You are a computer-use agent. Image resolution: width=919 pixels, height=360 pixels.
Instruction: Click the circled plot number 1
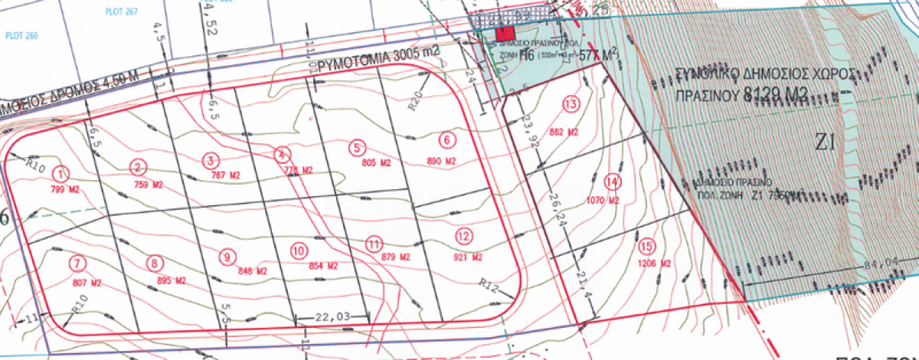click(63, 174)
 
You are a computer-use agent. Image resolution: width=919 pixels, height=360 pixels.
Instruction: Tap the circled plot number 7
click(76, 263)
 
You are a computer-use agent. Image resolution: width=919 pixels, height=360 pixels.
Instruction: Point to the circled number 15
click(647, 246)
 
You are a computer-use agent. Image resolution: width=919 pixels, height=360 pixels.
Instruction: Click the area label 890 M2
click(441, 162)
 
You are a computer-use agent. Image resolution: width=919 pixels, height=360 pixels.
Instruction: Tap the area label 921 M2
click(466, 256)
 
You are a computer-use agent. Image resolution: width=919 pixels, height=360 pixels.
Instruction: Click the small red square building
click(505, 33)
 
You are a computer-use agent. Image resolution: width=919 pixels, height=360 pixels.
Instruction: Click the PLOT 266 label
click(21, 34)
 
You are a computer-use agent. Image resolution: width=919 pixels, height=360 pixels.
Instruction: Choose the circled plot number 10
click(299, 250)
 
